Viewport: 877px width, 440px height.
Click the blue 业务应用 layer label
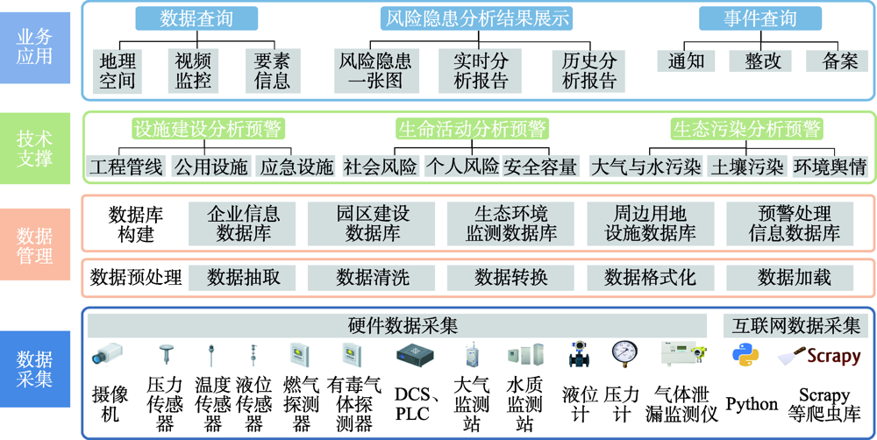pyautogui.click(x=35, y=44)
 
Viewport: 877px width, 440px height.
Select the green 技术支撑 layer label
pyautogui.click(x=35, y=148)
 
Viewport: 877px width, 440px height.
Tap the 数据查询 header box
pyautogui.click(x=196, y=18)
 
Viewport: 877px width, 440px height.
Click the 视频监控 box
pyautogui.click(x=195, y=70)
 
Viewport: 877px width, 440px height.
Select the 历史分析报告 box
pyautogui.click(x=590, y=70)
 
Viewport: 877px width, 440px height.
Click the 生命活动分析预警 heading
pyautogui.click(x=472, y=129)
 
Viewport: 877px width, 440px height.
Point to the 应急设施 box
pyautogui.click(x=297, y=166)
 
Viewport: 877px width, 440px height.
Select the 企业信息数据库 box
pyautogui.click(x=243, y=224)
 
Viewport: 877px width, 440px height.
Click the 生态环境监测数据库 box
pyautogui.click(x=511, y=224)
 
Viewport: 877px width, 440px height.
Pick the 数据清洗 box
pyautogui.click(x=373, y=277)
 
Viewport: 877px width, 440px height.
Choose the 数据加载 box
pyautogui.click(x=794, y=277)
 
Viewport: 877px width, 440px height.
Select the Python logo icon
pyautogui.click(x=745, y=356)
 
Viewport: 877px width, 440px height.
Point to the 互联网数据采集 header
pyautogui.click(x=796, y=326)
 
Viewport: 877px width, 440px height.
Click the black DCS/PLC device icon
pyautogui.click(x=416, y=355)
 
